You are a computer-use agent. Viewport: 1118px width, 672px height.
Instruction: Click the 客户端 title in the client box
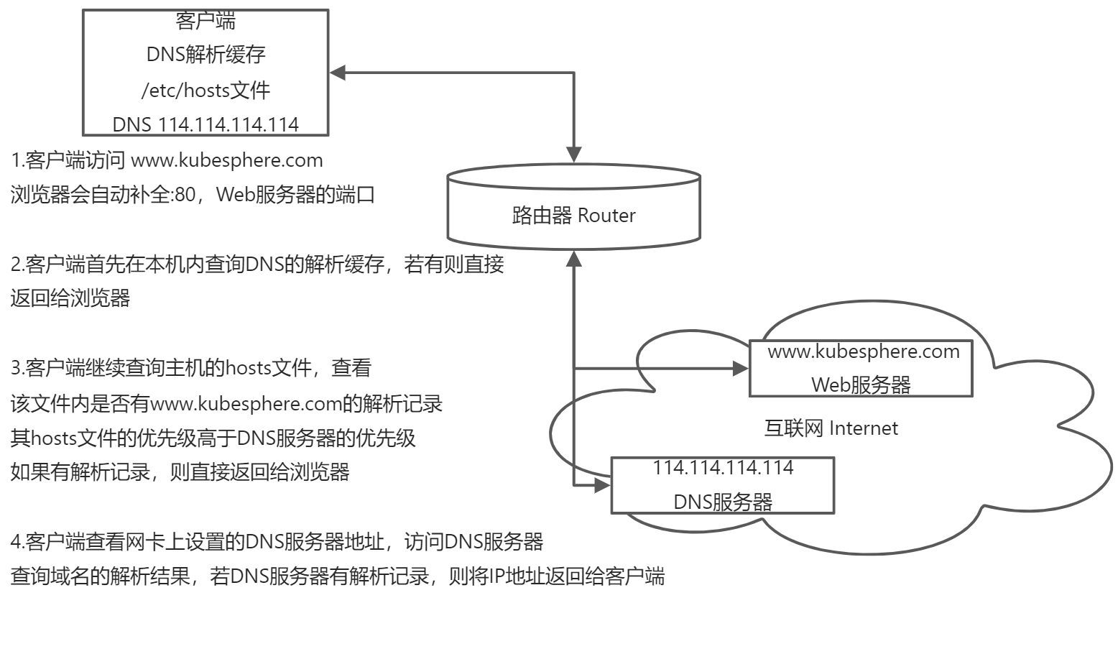[x=205, y=21]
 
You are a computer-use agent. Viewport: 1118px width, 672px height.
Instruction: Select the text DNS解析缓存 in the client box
[x=205, y=55]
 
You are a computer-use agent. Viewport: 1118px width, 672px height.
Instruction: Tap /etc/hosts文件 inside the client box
[x=205, y=90]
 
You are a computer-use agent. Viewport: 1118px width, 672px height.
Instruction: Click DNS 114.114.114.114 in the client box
[x=205, y=124]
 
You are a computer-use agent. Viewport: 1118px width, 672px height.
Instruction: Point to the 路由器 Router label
[x=573, y=215]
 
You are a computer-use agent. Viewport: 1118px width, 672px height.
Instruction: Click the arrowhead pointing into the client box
[x=338, y=73]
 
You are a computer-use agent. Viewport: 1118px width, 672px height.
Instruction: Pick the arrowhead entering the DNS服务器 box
[x=602, y=485]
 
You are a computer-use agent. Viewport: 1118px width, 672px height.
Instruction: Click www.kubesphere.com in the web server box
[x=863, y=351]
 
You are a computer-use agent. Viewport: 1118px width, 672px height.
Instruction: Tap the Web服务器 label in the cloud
[x=861, y=385]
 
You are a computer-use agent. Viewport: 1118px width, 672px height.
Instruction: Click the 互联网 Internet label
[x=831, y=428]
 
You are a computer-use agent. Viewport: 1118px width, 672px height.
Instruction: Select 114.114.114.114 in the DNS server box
[x=723, y=467]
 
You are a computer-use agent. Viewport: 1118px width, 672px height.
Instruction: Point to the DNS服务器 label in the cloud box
[x=723, y=501]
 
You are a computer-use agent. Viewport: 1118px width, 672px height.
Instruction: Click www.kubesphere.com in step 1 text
[x=226, y=160]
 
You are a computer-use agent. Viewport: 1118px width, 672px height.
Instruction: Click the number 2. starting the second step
[x=17, y=264]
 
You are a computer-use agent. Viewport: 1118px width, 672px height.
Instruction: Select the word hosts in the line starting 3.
[x=248, y=369]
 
